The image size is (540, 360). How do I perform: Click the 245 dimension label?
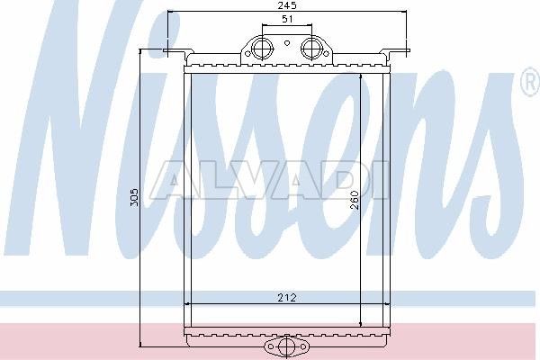(x=287, y=5)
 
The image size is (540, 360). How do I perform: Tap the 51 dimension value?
(x=287, y=19)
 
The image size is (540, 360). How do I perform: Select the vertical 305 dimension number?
(x=134, y=197)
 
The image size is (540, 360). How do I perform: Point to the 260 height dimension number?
(x=354, y=200)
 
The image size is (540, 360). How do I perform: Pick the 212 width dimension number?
(x=286, y=297)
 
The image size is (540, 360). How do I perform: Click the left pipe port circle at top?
(x=262, y=48)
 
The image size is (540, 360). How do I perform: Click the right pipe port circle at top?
(x=312, y=48)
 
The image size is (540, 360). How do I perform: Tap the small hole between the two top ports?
(x=287, y=43)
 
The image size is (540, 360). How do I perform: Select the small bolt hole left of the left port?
(x=247, y=53)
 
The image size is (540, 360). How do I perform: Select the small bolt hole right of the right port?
(x=326, y=53)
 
